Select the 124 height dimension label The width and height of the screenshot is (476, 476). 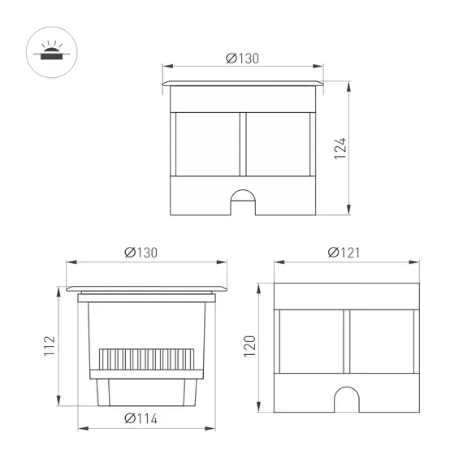click(x=342, y=148)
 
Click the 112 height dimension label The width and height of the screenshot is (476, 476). click(x=50, y=347)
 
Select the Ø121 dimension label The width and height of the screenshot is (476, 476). click(x=345, y=253)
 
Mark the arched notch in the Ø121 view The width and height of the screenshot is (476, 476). click(x=345, y=399)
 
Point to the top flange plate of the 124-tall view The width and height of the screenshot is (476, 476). click(x=244, y=84)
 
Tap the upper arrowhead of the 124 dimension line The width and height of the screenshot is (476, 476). click(x=349, y=86)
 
